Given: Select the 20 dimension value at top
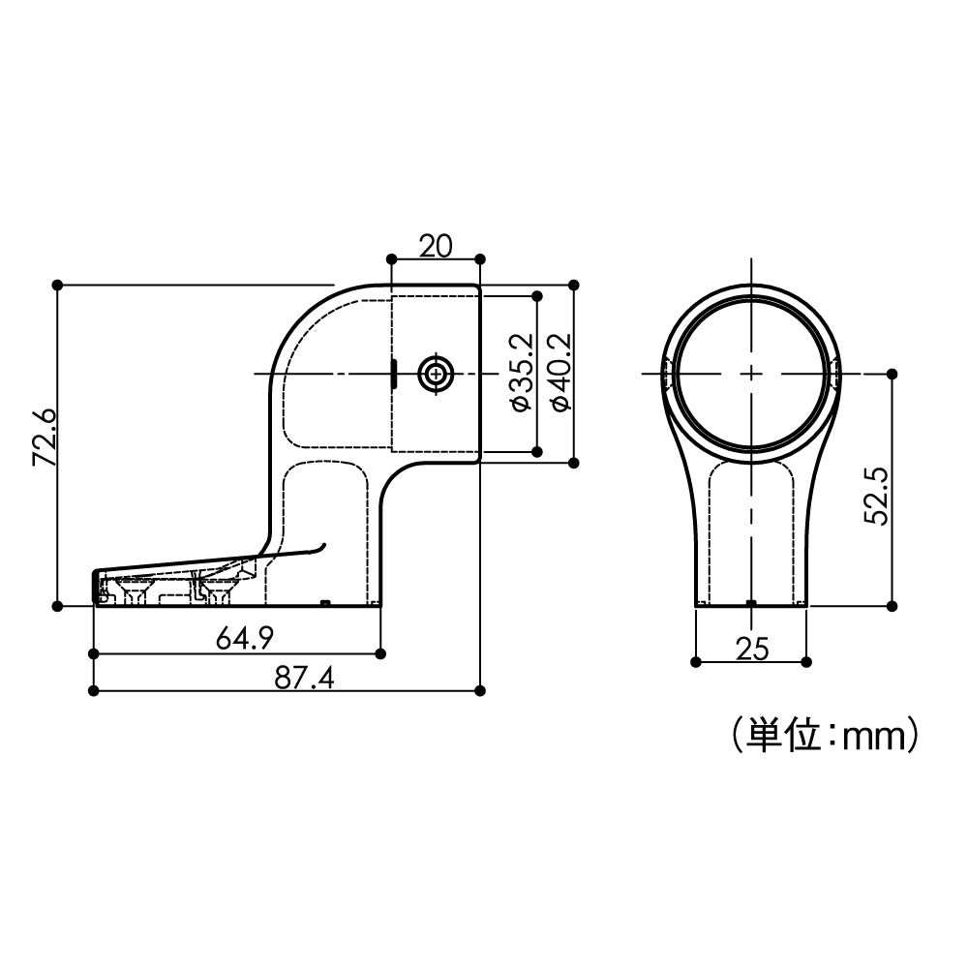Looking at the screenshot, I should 436,246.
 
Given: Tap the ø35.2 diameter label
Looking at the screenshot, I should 520,373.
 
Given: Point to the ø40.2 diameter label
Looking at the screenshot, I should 560,373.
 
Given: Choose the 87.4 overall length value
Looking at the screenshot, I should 303,678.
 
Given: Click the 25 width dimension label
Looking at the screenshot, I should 752,649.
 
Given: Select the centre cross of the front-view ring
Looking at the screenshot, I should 750,374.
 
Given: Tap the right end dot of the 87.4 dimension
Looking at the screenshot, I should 481,690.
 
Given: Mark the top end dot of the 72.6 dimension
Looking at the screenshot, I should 58,285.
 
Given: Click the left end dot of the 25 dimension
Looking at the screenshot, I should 696,662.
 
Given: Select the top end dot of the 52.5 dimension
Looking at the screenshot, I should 892,374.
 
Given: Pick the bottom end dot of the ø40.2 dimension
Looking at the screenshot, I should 575,463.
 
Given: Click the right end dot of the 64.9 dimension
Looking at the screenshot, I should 380,654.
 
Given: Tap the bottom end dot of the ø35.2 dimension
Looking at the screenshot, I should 535,451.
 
